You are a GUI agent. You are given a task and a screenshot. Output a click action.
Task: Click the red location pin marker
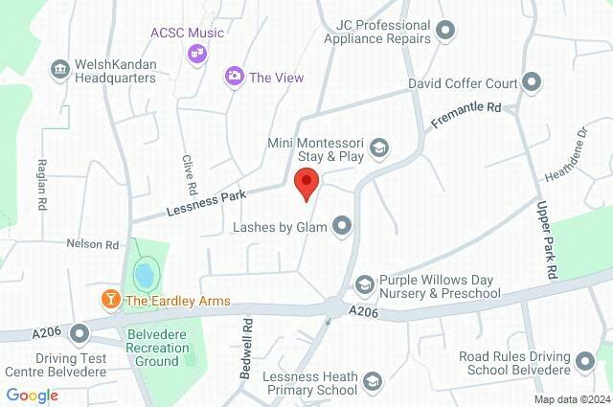(306, 182)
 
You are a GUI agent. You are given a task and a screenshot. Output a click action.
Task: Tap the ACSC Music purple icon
(197, 55)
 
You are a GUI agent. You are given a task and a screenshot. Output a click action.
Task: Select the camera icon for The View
(233, 75)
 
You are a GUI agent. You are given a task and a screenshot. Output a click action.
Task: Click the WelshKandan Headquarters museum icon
(59, 69)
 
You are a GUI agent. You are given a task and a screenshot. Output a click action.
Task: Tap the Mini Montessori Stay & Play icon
(379, 147)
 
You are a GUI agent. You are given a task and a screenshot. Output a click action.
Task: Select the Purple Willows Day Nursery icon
(364, 284)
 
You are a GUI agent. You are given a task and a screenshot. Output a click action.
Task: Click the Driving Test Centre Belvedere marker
(79, 333)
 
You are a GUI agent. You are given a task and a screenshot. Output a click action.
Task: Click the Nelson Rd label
(92, 244)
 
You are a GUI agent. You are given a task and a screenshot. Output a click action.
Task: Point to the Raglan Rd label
(42, 185)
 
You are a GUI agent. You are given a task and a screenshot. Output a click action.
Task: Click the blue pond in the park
(145, 275)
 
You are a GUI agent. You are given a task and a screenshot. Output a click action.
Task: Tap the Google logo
(32, 396)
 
